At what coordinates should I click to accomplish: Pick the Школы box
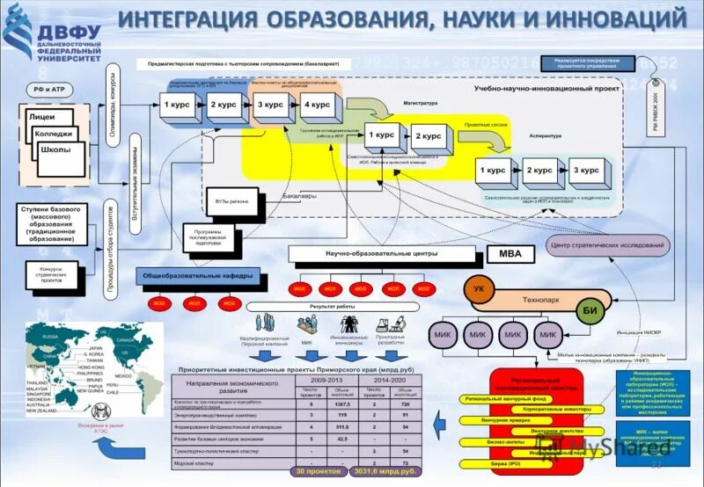click(55, 149)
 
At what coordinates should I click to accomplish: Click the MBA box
click(510, 254)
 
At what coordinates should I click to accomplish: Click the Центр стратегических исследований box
click(607, 243)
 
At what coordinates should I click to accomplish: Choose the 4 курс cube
click(316, 105)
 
